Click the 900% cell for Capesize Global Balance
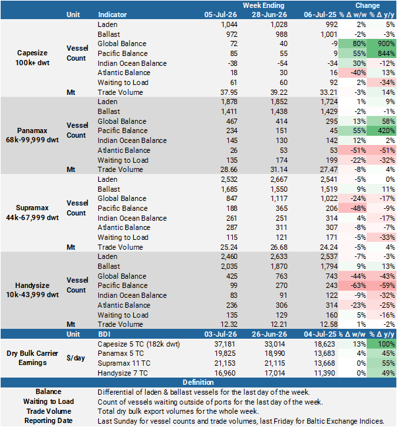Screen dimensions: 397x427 (381, 44)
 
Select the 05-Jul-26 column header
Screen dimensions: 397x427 (220, 14)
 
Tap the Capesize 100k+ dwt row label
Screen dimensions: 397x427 (32, 58)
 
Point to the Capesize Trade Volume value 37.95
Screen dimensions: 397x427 (229, 93)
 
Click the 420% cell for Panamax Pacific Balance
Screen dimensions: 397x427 (381, 130)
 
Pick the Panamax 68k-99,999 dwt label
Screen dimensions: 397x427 (32, 135)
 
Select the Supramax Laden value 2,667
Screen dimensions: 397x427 (279, 179)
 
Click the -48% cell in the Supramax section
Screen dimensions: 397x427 (353, 208)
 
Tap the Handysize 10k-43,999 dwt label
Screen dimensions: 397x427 (32, 290)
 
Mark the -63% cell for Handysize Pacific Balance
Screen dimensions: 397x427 (353, 286)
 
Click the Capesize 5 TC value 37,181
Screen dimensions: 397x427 (225, 344)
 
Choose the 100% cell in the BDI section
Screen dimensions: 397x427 (381, 344)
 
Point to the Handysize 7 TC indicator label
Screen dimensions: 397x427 (123, 373)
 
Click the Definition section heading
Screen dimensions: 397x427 (198, 382)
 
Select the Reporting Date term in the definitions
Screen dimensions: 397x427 (49, 420)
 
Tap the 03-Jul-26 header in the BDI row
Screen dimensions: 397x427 (220, 334)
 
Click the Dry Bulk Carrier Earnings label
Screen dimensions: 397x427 (32, 358)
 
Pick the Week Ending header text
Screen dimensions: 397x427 (264, 5)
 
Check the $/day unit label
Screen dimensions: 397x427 (75, 358)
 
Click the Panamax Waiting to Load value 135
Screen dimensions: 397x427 (231, 160)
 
